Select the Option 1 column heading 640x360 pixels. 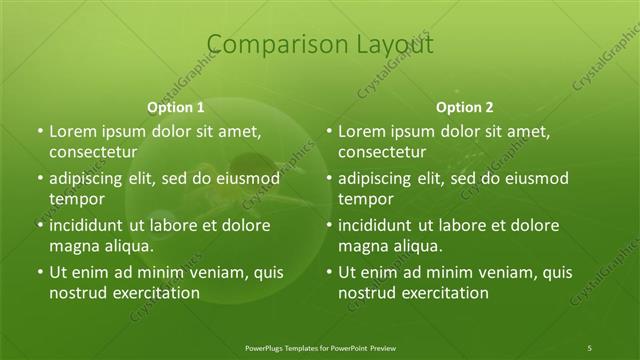coord(176,107)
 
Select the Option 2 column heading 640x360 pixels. coord(465,107)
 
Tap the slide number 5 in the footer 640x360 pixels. coord(590,347)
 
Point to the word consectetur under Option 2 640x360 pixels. coord(381,153)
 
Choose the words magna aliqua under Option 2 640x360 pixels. coord(390,246)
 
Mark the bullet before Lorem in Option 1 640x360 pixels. coord(39,132)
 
